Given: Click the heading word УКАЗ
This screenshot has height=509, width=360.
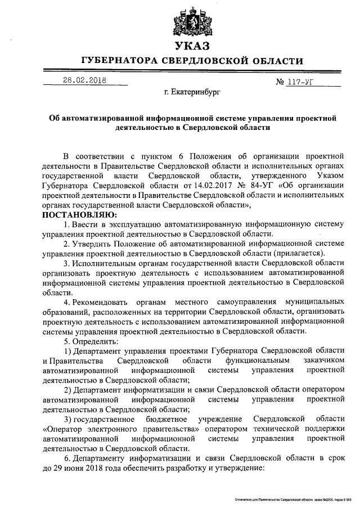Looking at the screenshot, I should click(x=192, y=46).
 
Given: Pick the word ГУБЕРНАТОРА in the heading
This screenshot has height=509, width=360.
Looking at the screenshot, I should click(x=116, y=61).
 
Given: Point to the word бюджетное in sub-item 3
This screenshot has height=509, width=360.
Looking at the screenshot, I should click(x=167, y=420).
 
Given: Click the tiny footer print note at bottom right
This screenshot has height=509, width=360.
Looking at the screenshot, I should click(x=298, y=499).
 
